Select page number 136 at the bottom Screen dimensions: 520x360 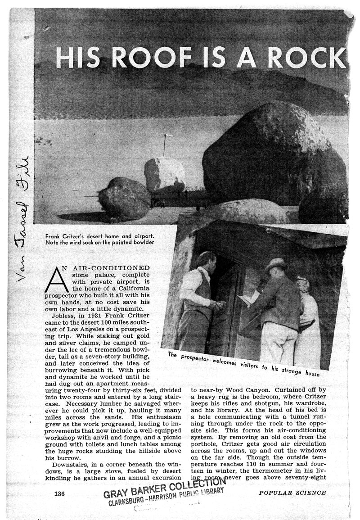point(59,493)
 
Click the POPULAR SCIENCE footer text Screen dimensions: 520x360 point(292,493)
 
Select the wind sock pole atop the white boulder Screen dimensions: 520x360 point(165,145)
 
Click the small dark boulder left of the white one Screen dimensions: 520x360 point(124,198)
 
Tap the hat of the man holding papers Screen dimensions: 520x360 point(275,265)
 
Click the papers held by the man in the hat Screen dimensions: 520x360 point(249,297)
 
